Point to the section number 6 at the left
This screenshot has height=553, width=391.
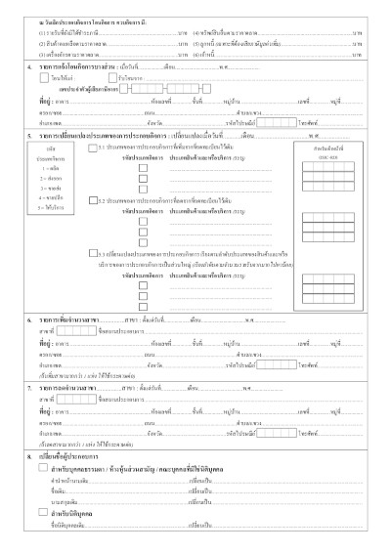coord(28,319)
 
